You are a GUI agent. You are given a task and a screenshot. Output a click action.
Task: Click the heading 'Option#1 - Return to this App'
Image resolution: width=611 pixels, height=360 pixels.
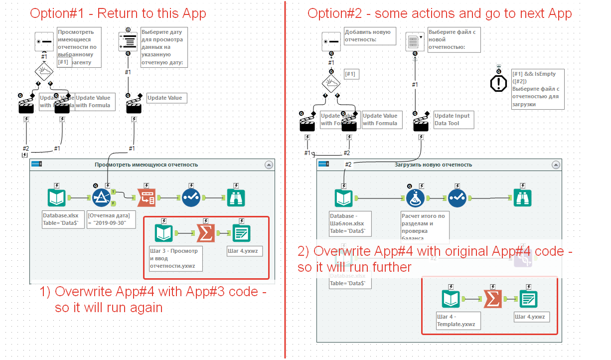[x=118, y=13]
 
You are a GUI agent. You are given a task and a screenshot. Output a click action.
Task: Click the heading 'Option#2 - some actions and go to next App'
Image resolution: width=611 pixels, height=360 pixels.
[x=440, y=13]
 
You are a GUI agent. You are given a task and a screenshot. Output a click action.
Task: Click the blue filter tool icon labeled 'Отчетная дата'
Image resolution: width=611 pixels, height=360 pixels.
[x=101, y=198]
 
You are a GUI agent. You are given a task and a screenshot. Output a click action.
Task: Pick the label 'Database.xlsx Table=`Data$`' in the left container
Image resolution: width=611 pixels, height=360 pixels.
[x=60, y=220]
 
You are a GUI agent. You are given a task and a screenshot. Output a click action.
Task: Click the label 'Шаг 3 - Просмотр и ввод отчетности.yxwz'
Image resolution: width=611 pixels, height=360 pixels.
[x=173, y=258]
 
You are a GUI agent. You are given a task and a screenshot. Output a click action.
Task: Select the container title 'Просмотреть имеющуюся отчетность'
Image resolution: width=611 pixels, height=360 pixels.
[x=146, y=165]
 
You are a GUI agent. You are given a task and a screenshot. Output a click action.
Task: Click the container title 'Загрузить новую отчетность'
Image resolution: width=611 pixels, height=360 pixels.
[x=433, y=165]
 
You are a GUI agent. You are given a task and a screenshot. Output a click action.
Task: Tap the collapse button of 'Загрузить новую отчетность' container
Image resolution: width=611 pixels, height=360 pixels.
[x=555, y=165]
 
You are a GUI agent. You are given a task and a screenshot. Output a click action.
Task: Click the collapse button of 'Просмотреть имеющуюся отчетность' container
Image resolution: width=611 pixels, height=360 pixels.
[x=268, y=165]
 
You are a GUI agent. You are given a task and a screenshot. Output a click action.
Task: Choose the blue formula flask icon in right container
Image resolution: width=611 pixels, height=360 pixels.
[x=415, y=198]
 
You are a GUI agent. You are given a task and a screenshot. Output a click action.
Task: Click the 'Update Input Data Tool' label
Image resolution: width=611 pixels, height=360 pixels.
[x=452, y=120]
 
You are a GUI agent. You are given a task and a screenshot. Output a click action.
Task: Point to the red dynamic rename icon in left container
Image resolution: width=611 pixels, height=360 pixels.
[x=147, y=198]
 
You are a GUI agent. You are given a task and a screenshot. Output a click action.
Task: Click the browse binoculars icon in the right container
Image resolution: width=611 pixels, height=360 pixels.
[x=523, y=198]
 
